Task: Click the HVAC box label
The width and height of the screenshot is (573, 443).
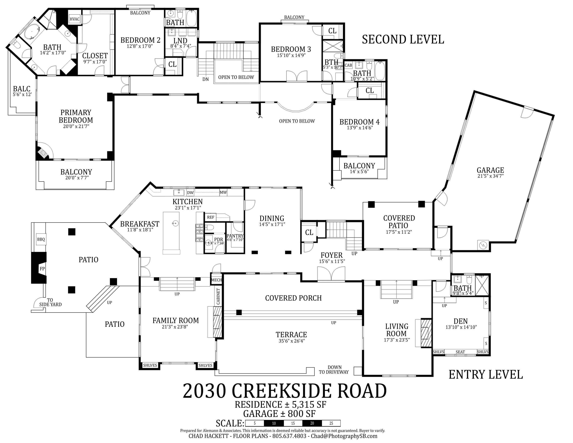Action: click(x=74, y=19)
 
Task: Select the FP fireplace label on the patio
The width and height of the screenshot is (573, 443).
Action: click(x=42, y=269)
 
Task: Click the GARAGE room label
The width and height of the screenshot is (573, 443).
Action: click(x=490, y=170)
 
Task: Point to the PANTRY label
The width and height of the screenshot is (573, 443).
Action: click(x=235, y=236)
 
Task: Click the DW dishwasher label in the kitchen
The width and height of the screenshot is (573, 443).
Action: click(x=190, y=193)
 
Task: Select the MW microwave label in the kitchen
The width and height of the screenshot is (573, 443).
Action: click(x=223, y=192)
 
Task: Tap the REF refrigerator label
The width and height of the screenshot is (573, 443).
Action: click(x=210, y=217)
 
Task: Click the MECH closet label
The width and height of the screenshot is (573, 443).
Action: click(x=216, y=280)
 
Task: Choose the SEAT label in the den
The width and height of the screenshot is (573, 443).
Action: click(x=460, y=352)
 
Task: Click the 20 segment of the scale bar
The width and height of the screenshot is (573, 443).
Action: click(x=312, y=423)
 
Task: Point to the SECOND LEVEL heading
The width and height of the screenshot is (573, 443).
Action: click(x=403, y=39)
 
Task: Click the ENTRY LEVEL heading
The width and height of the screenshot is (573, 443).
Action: click(x=486, y=375)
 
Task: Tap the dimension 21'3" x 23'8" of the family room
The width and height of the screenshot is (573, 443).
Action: click(x=175, y=327)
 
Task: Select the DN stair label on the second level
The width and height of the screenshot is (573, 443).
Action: click(x=206, y=79)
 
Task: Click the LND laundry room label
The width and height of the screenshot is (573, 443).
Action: click(x=180, y=41)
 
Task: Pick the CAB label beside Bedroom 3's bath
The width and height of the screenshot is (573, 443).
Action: click(x=348, y=65)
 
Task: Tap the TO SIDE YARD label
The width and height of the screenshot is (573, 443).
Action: click(x=50, y=302)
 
